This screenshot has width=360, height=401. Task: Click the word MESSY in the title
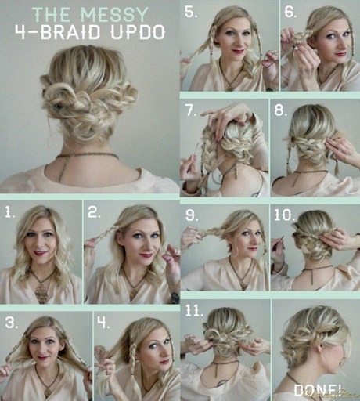pos(115,15)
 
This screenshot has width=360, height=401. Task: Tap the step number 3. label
pos(12,323)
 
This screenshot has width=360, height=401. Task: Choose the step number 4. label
pos(103,323)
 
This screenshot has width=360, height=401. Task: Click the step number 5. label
pos(191,13)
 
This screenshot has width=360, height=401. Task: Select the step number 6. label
pos(290,13)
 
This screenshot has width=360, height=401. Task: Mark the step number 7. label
pos(192,110)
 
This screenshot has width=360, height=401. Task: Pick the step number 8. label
pos(280,110)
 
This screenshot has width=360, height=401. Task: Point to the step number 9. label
pos(192,215)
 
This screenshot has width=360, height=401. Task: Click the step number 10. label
pos(285,215)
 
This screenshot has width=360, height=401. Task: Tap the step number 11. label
pos(194,311)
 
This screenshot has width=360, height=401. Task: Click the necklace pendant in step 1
pos(41,293)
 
